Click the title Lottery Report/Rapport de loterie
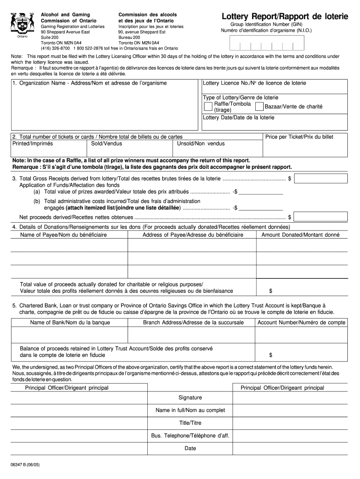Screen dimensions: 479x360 (285, 17)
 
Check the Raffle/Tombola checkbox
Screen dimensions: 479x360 (208, 106)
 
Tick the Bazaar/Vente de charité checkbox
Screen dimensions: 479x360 (259, 106)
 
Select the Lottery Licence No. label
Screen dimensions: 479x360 (254, 83)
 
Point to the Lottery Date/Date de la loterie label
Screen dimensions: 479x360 (238, 117)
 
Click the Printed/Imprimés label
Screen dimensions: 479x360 (32, 143)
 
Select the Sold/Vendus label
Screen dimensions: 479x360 (107, 143)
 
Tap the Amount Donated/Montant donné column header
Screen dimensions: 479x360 (301, 235)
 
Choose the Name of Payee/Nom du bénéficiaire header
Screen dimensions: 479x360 (63, 235)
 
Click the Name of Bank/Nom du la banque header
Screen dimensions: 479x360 (70, 322)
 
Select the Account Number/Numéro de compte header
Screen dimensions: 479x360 (302, 322)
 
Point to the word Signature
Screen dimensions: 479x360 (190, 398)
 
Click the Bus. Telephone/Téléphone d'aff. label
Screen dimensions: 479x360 (190, 435)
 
